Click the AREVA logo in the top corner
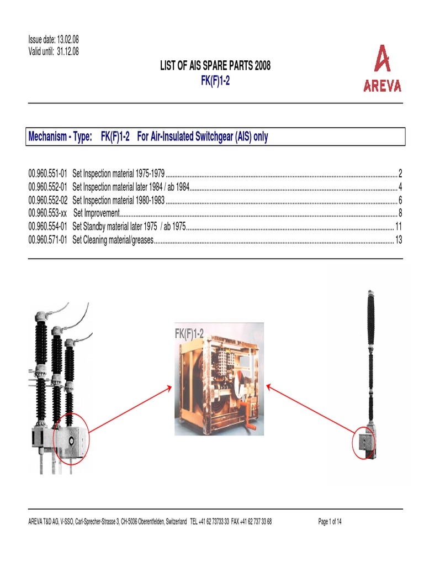[x=382, y=69]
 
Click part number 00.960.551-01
[x=48, y=174]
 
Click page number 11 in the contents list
[x=398, y=227]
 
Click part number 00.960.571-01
[x=48, y=240]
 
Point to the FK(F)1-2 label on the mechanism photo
[x=189, y=334]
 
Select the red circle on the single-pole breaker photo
[x=363, y=442]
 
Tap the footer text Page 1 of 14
[x=330, y=521]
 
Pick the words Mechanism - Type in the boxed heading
[x=60, y=137]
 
